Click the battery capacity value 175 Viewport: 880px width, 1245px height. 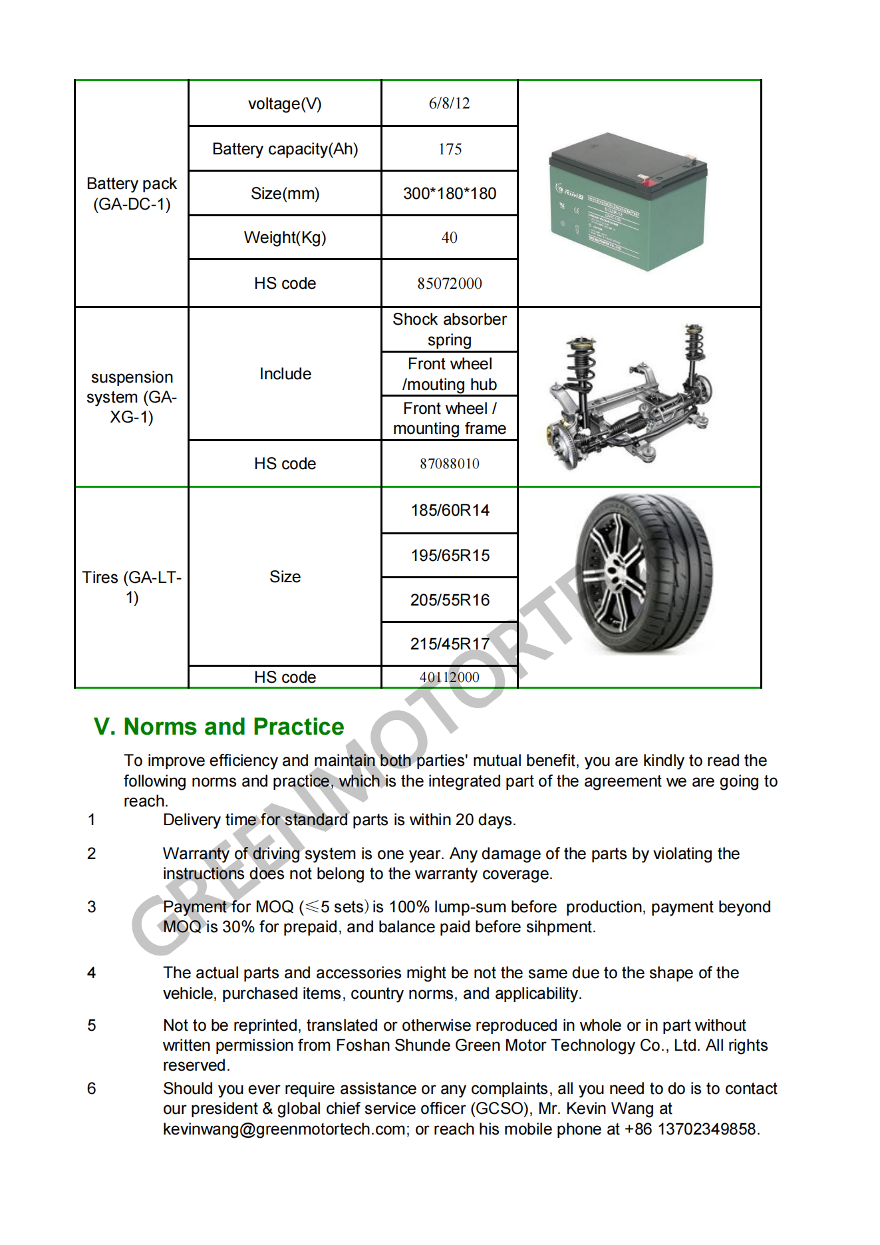point(450,149)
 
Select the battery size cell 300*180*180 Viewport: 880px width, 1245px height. point(450,194)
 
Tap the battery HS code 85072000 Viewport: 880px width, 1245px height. point(450,283)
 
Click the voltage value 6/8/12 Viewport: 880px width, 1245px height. point(450,103)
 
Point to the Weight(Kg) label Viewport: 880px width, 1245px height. point(285,238)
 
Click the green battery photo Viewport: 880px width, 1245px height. point(628,202)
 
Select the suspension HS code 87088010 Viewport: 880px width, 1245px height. point(450,464)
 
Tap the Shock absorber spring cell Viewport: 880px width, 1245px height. point(450,329)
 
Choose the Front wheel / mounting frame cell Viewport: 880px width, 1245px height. point(450,419)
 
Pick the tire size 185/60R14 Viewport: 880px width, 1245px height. point(450,510)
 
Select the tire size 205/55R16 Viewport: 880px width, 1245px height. point(450,600)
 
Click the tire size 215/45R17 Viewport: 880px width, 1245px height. point(450,644)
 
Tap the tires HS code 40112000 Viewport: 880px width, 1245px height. point(450,677)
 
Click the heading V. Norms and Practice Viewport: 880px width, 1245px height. point(219,727)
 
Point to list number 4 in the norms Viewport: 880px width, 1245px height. point(92,973)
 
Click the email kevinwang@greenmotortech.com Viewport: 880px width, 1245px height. point(285,1129)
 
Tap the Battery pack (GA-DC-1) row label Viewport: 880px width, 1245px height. point(132,194)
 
